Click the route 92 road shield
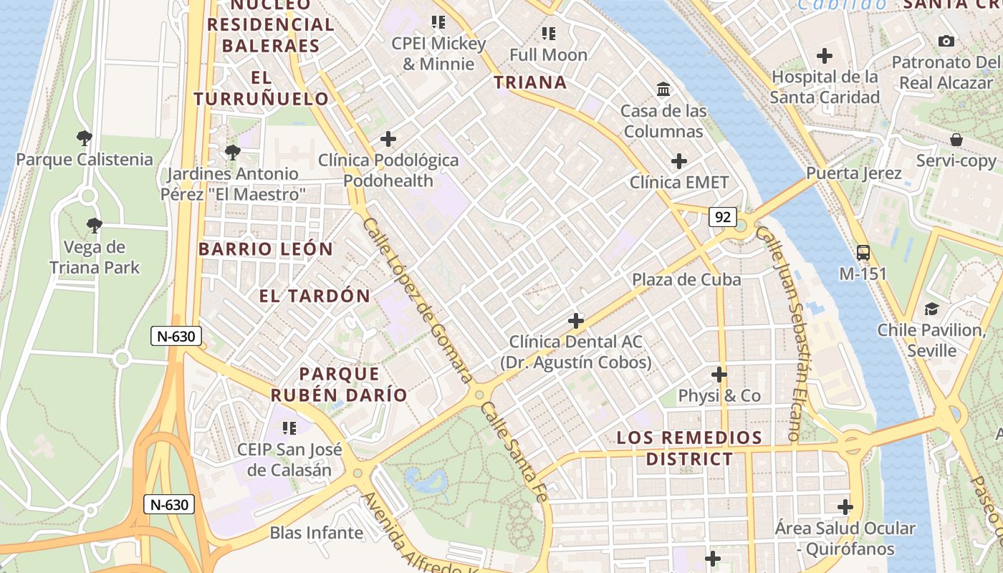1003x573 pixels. click(x=723, y=217)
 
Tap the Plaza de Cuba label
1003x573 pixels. click(x=686, y=279)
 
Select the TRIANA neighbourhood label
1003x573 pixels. click(x=530, y=82)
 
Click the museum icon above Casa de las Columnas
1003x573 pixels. click(x=663, y=90)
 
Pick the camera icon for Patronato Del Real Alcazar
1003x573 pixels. click(x=946, y=41)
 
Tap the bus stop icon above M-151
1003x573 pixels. click(x=863, y=252)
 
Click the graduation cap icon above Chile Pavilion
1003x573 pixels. click(x=931, y=309)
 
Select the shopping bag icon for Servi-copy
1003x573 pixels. click(x=956, y=139)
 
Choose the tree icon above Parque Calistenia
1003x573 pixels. click(x=85, y=138)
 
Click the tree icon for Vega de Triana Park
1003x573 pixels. click(x=93, y=226)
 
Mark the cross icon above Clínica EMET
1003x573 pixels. click(x=678, y=161)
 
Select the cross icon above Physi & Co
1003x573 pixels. click(x=719, y=375)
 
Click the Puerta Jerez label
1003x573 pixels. click(x=853, y=173)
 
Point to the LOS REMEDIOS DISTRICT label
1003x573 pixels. click(x=689, y=448)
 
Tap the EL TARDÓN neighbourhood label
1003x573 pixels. click(x=315, y=296)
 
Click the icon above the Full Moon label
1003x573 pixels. click(x=549, y=33)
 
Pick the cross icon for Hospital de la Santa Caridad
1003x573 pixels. click(x=825, y=55)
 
